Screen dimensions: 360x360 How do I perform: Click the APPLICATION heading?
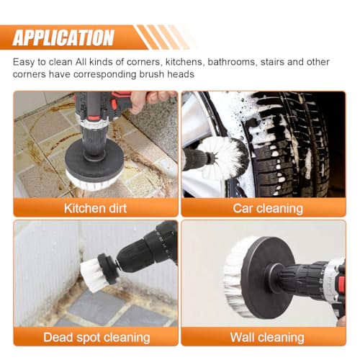point(63,37)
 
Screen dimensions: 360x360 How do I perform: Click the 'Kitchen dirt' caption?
point(95,208)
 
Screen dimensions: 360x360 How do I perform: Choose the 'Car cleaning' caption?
point(268,208)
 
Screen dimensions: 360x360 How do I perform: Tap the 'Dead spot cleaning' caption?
point(96,337)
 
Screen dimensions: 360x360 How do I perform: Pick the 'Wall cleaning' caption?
point(267,337)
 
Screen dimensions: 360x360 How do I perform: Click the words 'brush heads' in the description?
point(167,74)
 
